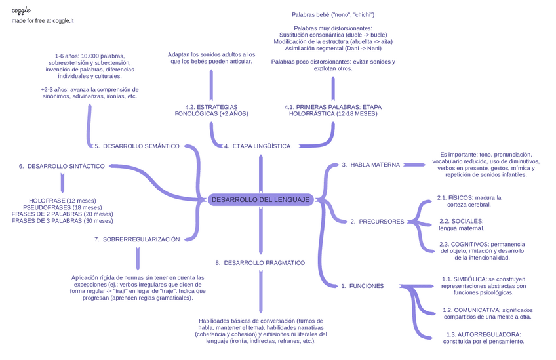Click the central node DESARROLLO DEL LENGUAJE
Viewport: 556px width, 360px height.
pos(260,200)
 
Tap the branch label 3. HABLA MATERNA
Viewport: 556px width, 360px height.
pos(370,165)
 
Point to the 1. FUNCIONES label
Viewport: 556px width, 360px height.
pos(362,286)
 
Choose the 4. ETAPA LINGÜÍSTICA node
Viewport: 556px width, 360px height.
pos(256,146)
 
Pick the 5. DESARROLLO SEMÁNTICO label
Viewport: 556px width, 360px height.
pos(136,146)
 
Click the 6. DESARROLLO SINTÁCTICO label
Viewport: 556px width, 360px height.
pos(62,166)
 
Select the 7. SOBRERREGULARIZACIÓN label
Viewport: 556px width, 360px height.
pos(136,240)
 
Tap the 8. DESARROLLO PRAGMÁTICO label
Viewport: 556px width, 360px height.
pos(260,262)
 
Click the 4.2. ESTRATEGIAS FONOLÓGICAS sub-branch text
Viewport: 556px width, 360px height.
pos(211,110)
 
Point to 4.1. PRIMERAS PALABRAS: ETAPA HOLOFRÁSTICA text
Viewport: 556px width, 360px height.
pos(333,110)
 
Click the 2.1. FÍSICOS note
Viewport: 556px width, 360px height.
pos(469,201)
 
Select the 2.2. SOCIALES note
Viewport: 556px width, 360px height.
pos(462,224)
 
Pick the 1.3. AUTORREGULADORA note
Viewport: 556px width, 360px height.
pos(483,337)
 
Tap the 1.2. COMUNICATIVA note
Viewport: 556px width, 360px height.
pos(487,313)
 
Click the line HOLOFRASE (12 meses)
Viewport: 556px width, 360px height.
pos(62,201)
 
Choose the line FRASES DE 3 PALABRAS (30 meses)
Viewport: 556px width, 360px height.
pos(62,221)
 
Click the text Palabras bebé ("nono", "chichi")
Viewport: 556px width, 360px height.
pos(333,14)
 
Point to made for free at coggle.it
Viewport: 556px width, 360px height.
pos(43,21)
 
